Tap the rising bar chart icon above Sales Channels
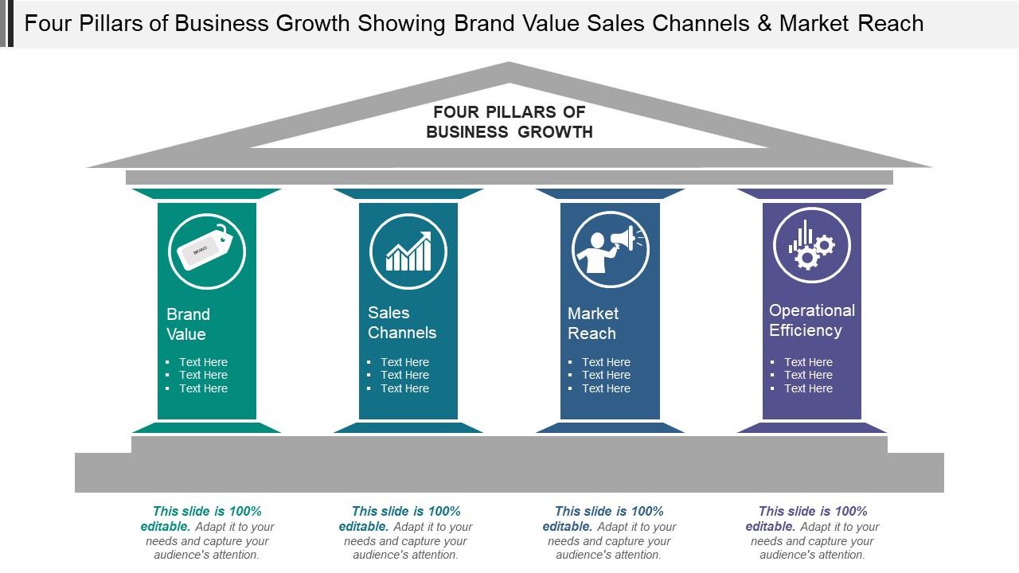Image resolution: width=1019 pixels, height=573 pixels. point(408,251)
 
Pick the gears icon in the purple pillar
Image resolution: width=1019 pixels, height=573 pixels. point(812,245)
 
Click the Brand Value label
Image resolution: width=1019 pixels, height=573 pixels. point(188,324)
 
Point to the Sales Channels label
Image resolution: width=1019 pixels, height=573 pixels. point(402,322)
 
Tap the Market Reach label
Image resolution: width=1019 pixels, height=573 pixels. point(593,323)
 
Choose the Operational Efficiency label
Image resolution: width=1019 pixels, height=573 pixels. point(811,320)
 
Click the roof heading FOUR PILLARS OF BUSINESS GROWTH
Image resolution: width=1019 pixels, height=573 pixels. point(509,122)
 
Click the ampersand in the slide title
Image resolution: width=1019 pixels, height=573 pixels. point(765,24)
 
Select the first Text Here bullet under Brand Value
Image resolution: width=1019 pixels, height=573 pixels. point(203,362)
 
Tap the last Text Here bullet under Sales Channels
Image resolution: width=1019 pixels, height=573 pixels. point(404,388)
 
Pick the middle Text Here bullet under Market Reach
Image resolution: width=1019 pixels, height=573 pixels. point(606,375)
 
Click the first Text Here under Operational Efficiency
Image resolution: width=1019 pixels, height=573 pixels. point(808,362)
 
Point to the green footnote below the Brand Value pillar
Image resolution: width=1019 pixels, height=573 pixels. point(207,532)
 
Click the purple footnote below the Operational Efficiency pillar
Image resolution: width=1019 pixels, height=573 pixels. point(812,532)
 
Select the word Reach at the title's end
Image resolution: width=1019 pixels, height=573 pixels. point(891,24)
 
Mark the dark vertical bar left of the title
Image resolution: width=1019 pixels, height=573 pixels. point(10,23)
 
